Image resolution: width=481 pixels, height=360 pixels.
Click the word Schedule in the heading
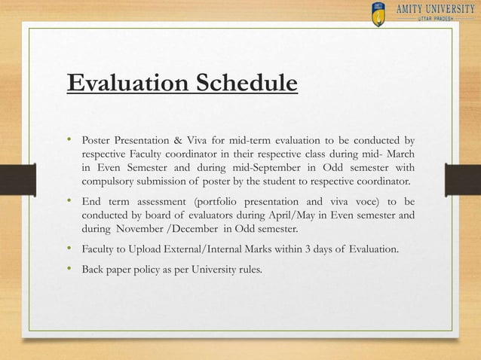point(239,82)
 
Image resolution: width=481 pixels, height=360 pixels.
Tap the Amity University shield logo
point(379,14)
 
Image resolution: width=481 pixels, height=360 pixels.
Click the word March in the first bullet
point(398,154)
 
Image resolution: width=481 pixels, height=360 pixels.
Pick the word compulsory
point(109,182)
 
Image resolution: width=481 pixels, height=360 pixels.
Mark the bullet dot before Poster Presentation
point(69,139)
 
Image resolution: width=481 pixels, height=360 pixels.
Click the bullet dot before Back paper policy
point(69,268)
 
